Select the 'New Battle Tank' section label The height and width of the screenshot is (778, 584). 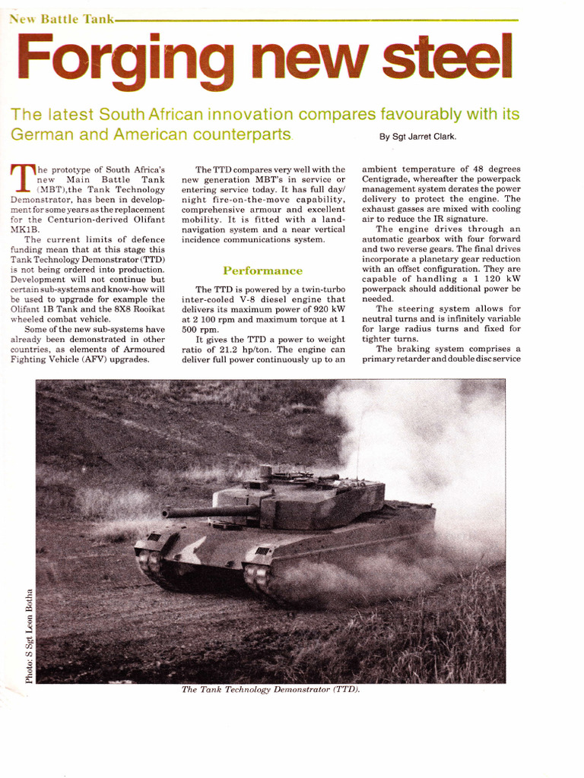coord(60,19)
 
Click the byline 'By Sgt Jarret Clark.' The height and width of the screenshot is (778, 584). coord(417,138)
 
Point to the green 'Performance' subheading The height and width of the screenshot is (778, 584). coord(262,270)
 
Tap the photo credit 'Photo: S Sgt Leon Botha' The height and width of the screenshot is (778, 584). coord(29,634)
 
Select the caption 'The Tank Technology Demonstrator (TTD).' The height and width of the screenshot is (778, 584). coord(270,689)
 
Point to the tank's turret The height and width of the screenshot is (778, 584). coord(304,501)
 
